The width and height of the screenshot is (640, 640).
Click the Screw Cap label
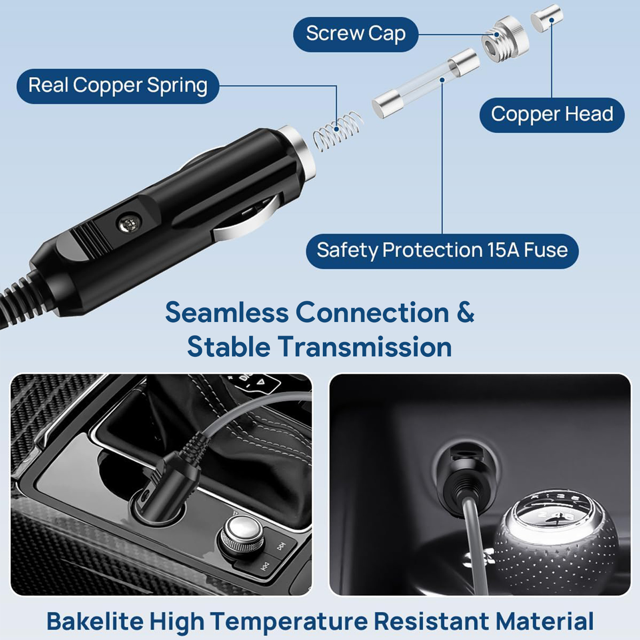(356, 34)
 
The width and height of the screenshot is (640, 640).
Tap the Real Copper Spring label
(118, 86)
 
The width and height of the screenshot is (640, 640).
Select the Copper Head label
(552, 115)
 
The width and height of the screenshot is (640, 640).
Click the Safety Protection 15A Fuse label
(442, 251)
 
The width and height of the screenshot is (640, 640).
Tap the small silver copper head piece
(546, 18)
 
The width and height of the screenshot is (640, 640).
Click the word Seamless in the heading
(227, 312)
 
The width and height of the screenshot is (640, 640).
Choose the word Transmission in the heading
(365, 347)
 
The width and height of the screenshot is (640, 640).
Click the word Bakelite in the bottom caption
(95, 621)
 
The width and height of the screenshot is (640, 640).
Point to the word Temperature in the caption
(289, 621)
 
